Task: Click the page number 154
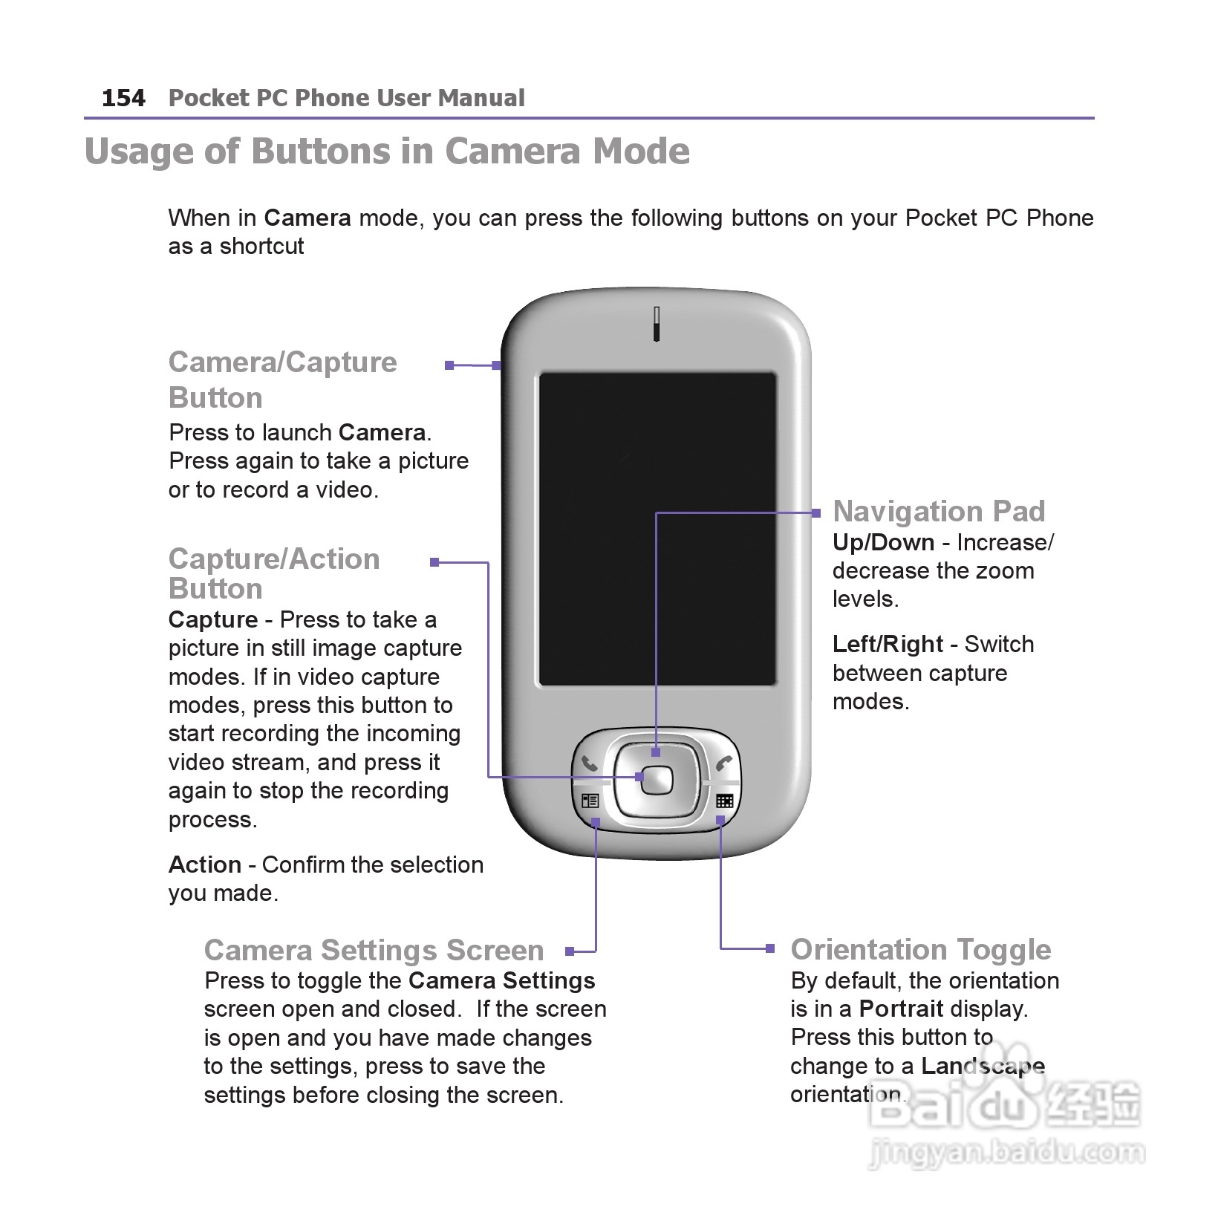pyautogui.click(x=123, y=98)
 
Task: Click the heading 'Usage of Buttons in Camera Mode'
pyautogui.click(x=387, y=151)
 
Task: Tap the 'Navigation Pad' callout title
pyautogui.click(x=938, y=511)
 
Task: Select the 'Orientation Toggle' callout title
pyautogui.click(x=920, y=949)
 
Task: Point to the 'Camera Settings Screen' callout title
pyautogui.click(x=374, y=950)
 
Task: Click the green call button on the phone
pyautogui.click(x=590, y=763)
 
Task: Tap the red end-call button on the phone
pyautogui.click(x=723, y=763)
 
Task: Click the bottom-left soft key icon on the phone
pyautogui.click(x=590, y=801)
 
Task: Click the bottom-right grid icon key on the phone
pyautogui.click(x=724, y=801)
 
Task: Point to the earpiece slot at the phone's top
pyautogui.click(x=657, y=324)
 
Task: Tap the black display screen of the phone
pyautogui.click(x=657, y=529)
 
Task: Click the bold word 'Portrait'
pyautogui.click(x=901, y=1009)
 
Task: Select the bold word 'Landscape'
pyautogui.click(x=983, y=1067)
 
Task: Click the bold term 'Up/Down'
pyautogui.click(x=883, y=542)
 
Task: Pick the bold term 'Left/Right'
pyautogui.click(x=888, y=644)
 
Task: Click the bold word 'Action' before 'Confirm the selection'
pyautogui.click(x=205, y=865)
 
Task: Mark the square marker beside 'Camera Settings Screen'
pyautogui.click(x=570, y=951)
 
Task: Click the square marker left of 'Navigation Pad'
pyautogui.click(x=816, y=512)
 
